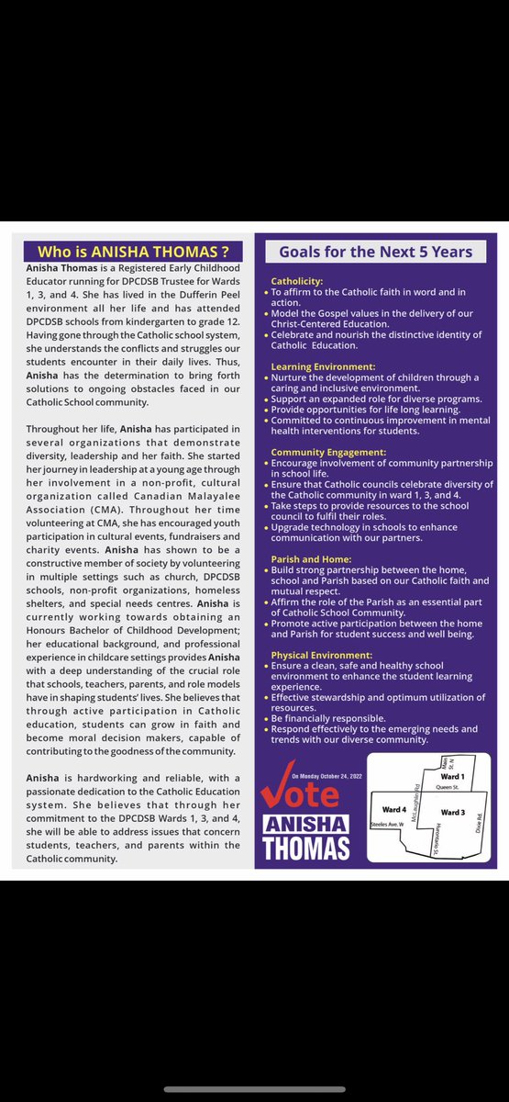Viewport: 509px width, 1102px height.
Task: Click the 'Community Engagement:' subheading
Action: (328, 453)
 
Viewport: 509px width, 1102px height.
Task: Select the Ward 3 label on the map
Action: (454, 813)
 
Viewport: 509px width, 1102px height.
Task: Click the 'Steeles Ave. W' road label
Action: (386, 826)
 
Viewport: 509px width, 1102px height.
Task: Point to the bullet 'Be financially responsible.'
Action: (336, 718)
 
